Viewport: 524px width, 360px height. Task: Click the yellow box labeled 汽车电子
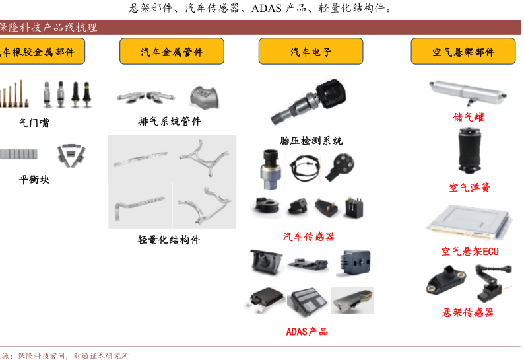click(311, 51)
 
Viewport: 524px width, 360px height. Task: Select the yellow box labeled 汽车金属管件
click(172, 51)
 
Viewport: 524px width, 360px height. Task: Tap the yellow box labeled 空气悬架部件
click(463, 51)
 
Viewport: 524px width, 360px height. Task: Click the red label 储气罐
click(469, 117)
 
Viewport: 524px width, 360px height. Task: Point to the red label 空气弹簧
click(469, 188)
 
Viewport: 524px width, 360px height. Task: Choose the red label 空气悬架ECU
click(470, 251)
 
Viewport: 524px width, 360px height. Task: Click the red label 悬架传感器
click(468, 312)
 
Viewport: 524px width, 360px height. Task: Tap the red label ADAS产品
click(307, 332)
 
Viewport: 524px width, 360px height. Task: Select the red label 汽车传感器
click(309, 236)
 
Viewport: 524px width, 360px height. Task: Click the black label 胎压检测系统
click(311, 141)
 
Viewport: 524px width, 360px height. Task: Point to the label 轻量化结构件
click(169, 240)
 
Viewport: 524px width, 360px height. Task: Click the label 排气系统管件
click(170, 121)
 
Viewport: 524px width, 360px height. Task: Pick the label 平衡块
click(34, 180)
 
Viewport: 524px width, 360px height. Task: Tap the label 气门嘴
click(34, 123)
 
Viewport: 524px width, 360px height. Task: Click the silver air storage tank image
click(468, 91)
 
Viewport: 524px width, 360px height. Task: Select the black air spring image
click(469, 151)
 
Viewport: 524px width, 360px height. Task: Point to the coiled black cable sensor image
click(305, 168)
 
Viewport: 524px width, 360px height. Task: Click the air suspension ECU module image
click(469, 222)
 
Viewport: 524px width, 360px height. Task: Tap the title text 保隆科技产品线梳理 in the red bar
click(48, 28)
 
